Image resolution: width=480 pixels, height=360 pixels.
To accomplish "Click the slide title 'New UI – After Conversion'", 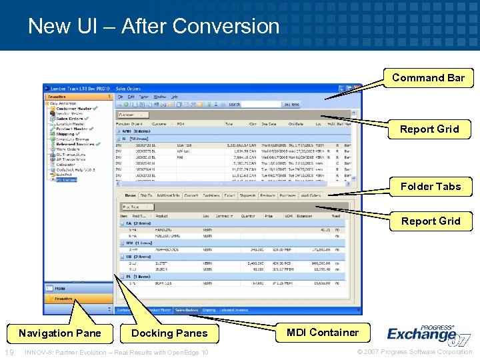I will tap(153, 26).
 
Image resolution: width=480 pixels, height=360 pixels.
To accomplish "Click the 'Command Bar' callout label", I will tap(428, 78).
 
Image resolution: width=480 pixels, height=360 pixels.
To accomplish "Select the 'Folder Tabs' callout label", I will tap(430, 187).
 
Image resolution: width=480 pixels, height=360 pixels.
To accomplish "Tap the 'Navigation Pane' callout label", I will tap(60, 333).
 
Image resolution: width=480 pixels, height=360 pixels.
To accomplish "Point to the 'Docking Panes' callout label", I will tap(170, 333).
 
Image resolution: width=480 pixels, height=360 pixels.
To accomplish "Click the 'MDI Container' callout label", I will tap(323, 333).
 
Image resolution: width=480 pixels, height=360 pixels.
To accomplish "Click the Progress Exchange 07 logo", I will tap(427, 333).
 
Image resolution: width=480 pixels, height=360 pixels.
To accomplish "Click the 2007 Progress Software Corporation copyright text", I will tap(415, 352).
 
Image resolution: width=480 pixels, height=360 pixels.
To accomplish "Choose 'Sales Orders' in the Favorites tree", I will tap(69, 119).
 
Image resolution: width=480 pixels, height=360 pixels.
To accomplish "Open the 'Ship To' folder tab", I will tap(146, 196).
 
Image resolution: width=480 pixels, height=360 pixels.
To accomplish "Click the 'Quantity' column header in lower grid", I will tap(247, 216).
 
